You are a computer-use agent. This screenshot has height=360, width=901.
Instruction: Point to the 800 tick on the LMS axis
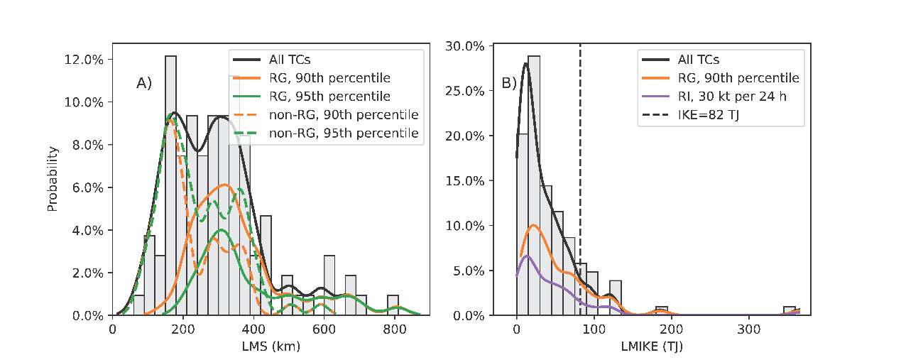(395, 329)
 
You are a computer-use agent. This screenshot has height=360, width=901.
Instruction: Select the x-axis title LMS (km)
(271, 347)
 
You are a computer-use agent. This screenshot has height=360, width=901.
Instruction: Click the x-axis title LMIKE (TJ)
(650, 347)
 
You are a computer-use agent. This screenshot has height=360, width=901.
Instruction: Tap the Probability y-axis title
(53, 179)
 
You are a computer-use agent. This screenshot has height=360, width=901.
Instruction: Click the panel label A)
(144, 84)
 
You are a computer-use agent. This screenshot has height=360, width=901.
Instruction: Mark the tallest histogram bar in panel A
(170, 185)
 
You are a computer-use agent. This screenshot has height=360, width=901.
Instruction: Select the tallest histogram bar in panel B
(534, 185)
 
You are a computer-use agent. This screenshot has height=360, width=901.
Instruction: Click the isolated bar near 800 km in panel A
(393, 305)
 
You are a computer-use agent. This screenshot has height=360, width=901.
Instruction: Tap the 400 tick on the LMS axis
(253, 329)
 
